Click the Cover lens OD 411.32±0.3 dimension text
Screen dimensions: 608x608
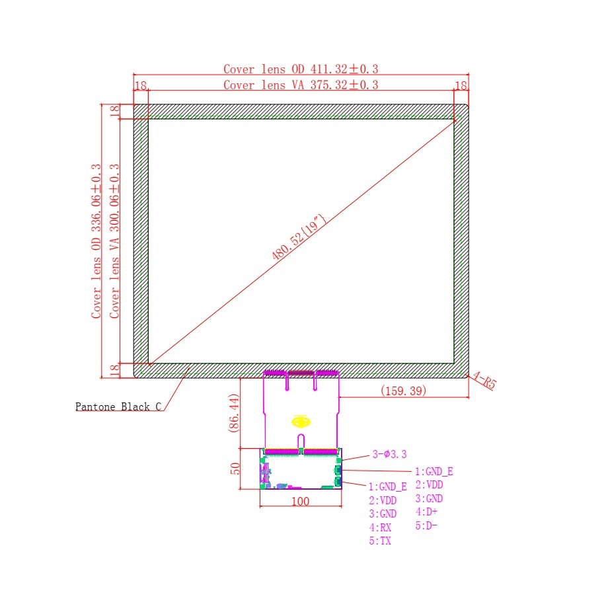(x=301, y=69)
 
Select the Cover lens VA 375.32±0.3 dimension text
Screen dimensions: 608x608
(x=301, y=85)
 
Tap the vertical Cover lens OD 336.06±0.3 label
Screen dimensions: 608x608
(x=96, y=241)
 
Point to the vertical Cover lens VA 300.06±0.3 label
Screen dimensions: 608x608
(x=114, y=241)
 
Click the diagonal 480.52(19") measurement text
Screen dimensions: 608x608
(x=299, y=237)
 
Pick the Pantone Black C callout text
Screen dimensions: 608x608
(x=118, y=406)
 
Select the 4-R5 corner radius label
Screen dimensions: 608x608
(x=484, y=381)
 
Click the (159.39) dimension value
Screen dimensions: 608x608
(x=403, y=391)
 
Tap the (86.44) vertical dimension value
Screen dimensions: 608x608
(x=234, y=413)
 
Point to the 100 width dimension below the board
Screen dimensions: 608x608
(x=301, y=502)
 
